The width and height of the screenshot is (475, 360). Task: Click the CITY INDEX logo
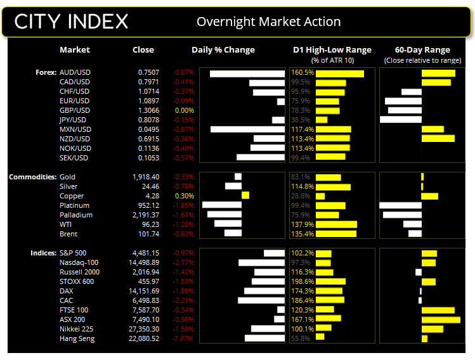71,22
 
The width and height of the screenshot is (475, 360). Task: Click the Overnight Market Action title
268,22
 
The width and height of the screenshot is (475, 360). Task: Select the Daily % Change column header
223,50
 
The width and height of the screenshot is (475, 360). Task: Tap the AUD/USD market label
74,72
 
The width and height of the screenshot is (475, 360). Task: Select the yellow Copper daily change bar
245,196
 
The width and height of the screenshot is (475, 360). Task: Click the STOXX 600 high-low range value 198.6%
301,281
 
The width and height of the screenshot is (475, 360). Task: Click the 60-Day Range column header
422,50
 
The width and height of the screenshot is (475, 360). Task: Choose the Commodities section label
32,177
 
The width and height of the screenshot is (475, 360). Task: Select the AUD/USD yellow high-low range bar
339,74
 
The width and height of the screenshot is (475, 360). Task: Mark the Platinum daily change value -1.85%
184,205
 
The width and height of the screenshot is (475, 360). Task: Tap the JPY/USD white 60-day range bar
401,120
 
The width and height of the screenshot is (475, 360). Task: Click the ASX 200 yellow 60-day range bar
441,319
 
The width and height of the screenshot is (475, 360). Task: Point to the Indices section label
43,253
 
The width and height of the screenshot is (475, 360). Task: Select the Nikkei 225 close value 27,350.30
146,329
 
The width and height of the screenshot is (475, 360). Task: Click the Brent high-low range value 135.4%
301,234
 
